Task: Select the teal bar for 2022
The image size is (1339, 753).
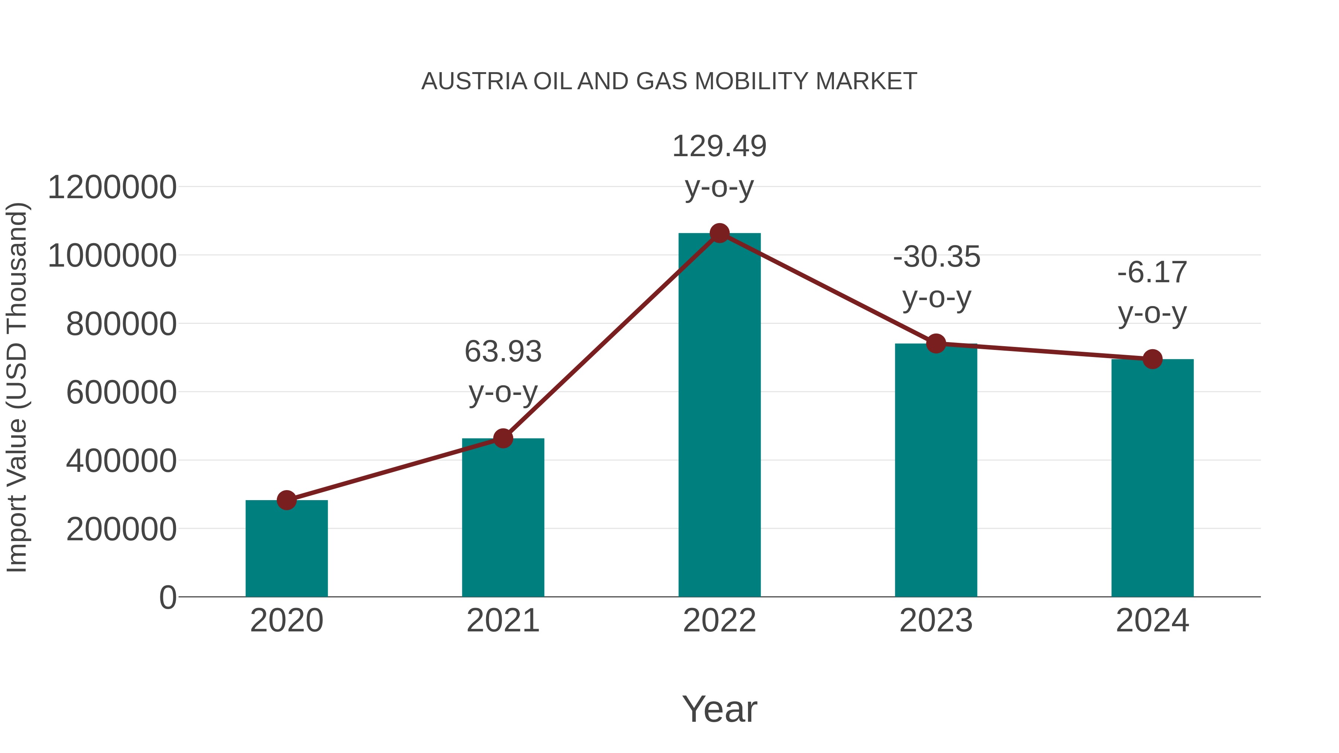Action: click(719, 416)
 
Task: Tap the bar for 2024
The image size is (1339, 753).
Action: click(1152, 478)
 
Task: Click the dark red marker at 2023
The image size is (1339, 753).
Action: click(936, 344)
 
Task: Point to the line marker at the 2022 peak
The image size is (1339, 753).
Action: click(719, 233)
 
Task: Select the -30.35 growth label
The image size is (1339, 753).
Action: click(937, 257)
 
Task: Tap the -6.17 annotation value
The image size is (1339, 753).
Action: click(1152, 273)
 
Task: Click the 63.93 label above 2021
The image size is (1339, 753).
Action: click(502, 352)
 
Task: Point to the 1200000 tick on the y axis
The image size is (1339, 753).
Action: click(112, 188)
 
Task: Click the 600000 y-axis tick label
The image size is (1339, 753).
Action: click(121, 392)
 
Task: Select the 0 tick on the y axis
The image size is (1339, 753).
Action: click(168, 598)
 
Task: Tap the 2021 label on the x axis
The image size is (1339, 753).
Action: click(502, 621)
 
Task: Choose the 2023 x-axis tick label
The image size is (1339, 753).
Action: click(936, 621)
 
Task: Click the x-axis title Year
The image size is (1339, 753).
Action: click(719, 709)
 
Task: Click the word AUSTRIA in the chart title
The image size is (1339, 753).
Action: click(474, 81)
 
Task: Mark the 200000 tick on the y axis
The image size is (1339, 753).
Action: click(121, 530)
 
